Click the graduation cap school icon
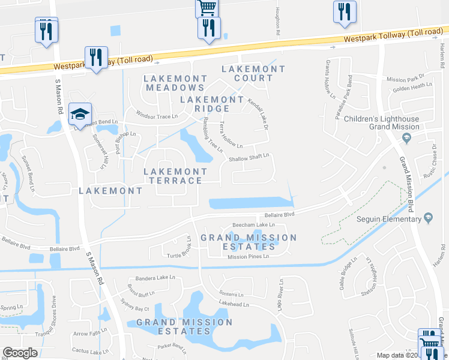80,113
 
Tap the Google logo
20,353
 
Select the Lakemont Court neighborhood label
253,74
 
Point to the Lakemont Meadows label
175,83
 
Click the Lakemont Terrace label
175,176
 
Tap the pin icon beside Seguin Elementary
427,217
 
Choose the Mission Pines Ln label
248,256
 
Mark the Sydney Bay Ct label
134,308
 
